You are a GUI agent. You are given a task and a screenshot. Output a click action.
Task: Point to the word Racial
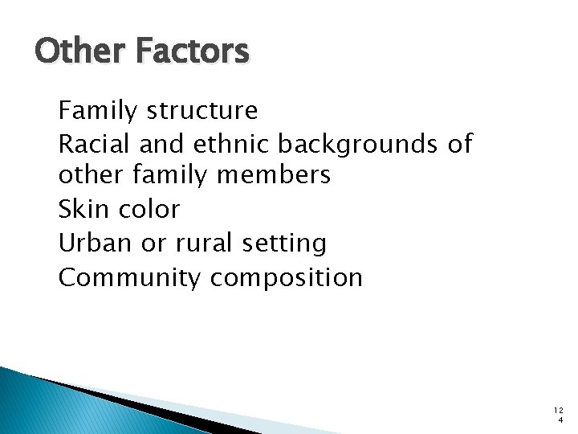tap(96, 143)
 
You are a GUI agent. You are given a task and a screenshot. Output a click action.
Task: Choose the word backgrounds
tap(361, 145)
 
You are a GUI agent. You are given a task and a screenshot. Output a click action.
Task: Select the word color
tap(149, 209)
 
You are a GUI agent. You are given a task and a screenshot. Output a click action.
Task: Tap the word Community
tap(131, 278)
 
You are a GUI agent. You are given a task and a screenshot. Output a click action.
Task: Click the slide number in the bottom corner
tap(559, 415)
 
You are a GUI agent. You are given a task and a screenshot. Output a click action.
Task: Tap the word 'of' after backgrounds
tap(462, 143)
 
